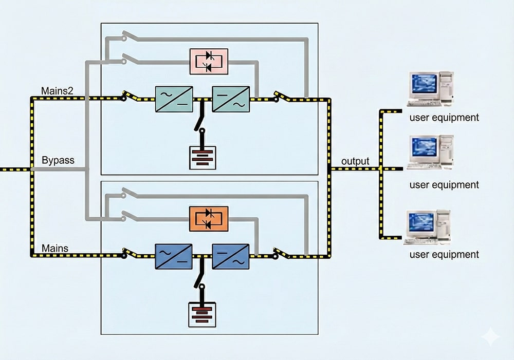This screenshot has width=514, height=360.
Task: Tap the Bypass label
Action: pos(58,160)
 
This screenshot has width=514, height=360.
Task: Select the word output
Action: pos(355,161)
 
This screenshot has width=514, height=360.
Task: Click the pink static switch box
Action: pos(209,61)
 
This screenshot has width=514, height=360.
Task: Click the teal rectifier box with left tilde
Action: pos(174,99)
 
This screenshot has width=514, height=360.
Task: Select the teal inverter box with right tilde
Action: pos(231,99)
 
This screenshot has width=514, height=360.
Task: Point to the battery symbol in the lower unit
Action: pos(203,314)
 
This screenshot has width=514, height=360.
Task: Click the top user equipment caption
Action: pos(444,118)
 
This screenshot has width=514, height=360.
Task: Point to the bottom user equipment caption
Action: pos(444,254)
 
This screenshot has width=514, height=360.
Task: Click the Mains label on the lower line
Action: pos(55,249)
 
